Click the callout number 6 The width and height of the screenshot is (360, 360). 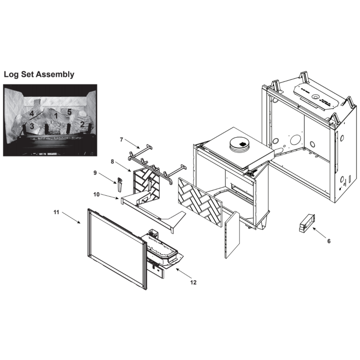(x=329, y=241)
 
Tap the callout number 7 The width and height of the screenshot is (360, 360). (x=122, y=139)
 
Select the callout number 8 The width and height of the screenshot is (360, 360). (x=112, y=162)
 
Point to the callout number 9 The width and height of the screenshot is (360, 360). (x=95, y=173)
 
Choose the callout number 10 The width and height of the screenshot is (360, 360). (x=96, y=195)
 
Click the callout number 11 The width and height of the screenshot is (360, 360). (x=56, y=212)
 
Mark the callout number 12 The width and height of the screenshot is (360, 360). (x=194, y=282)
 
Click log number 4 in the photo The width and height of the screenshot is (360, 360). (x=32, y=114)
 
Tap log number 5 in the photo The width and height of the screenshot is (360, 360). (x=69, y=112)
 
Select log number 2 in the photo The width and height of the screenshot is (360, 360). (x=82, y=124)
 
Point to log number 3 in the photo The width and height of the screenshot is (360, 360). (x=32, y=126)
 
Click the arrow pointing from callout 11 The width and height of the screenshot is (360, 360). (x=71, y=218)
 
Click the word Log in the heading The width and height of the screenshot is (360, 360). (x=11, y=75)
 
